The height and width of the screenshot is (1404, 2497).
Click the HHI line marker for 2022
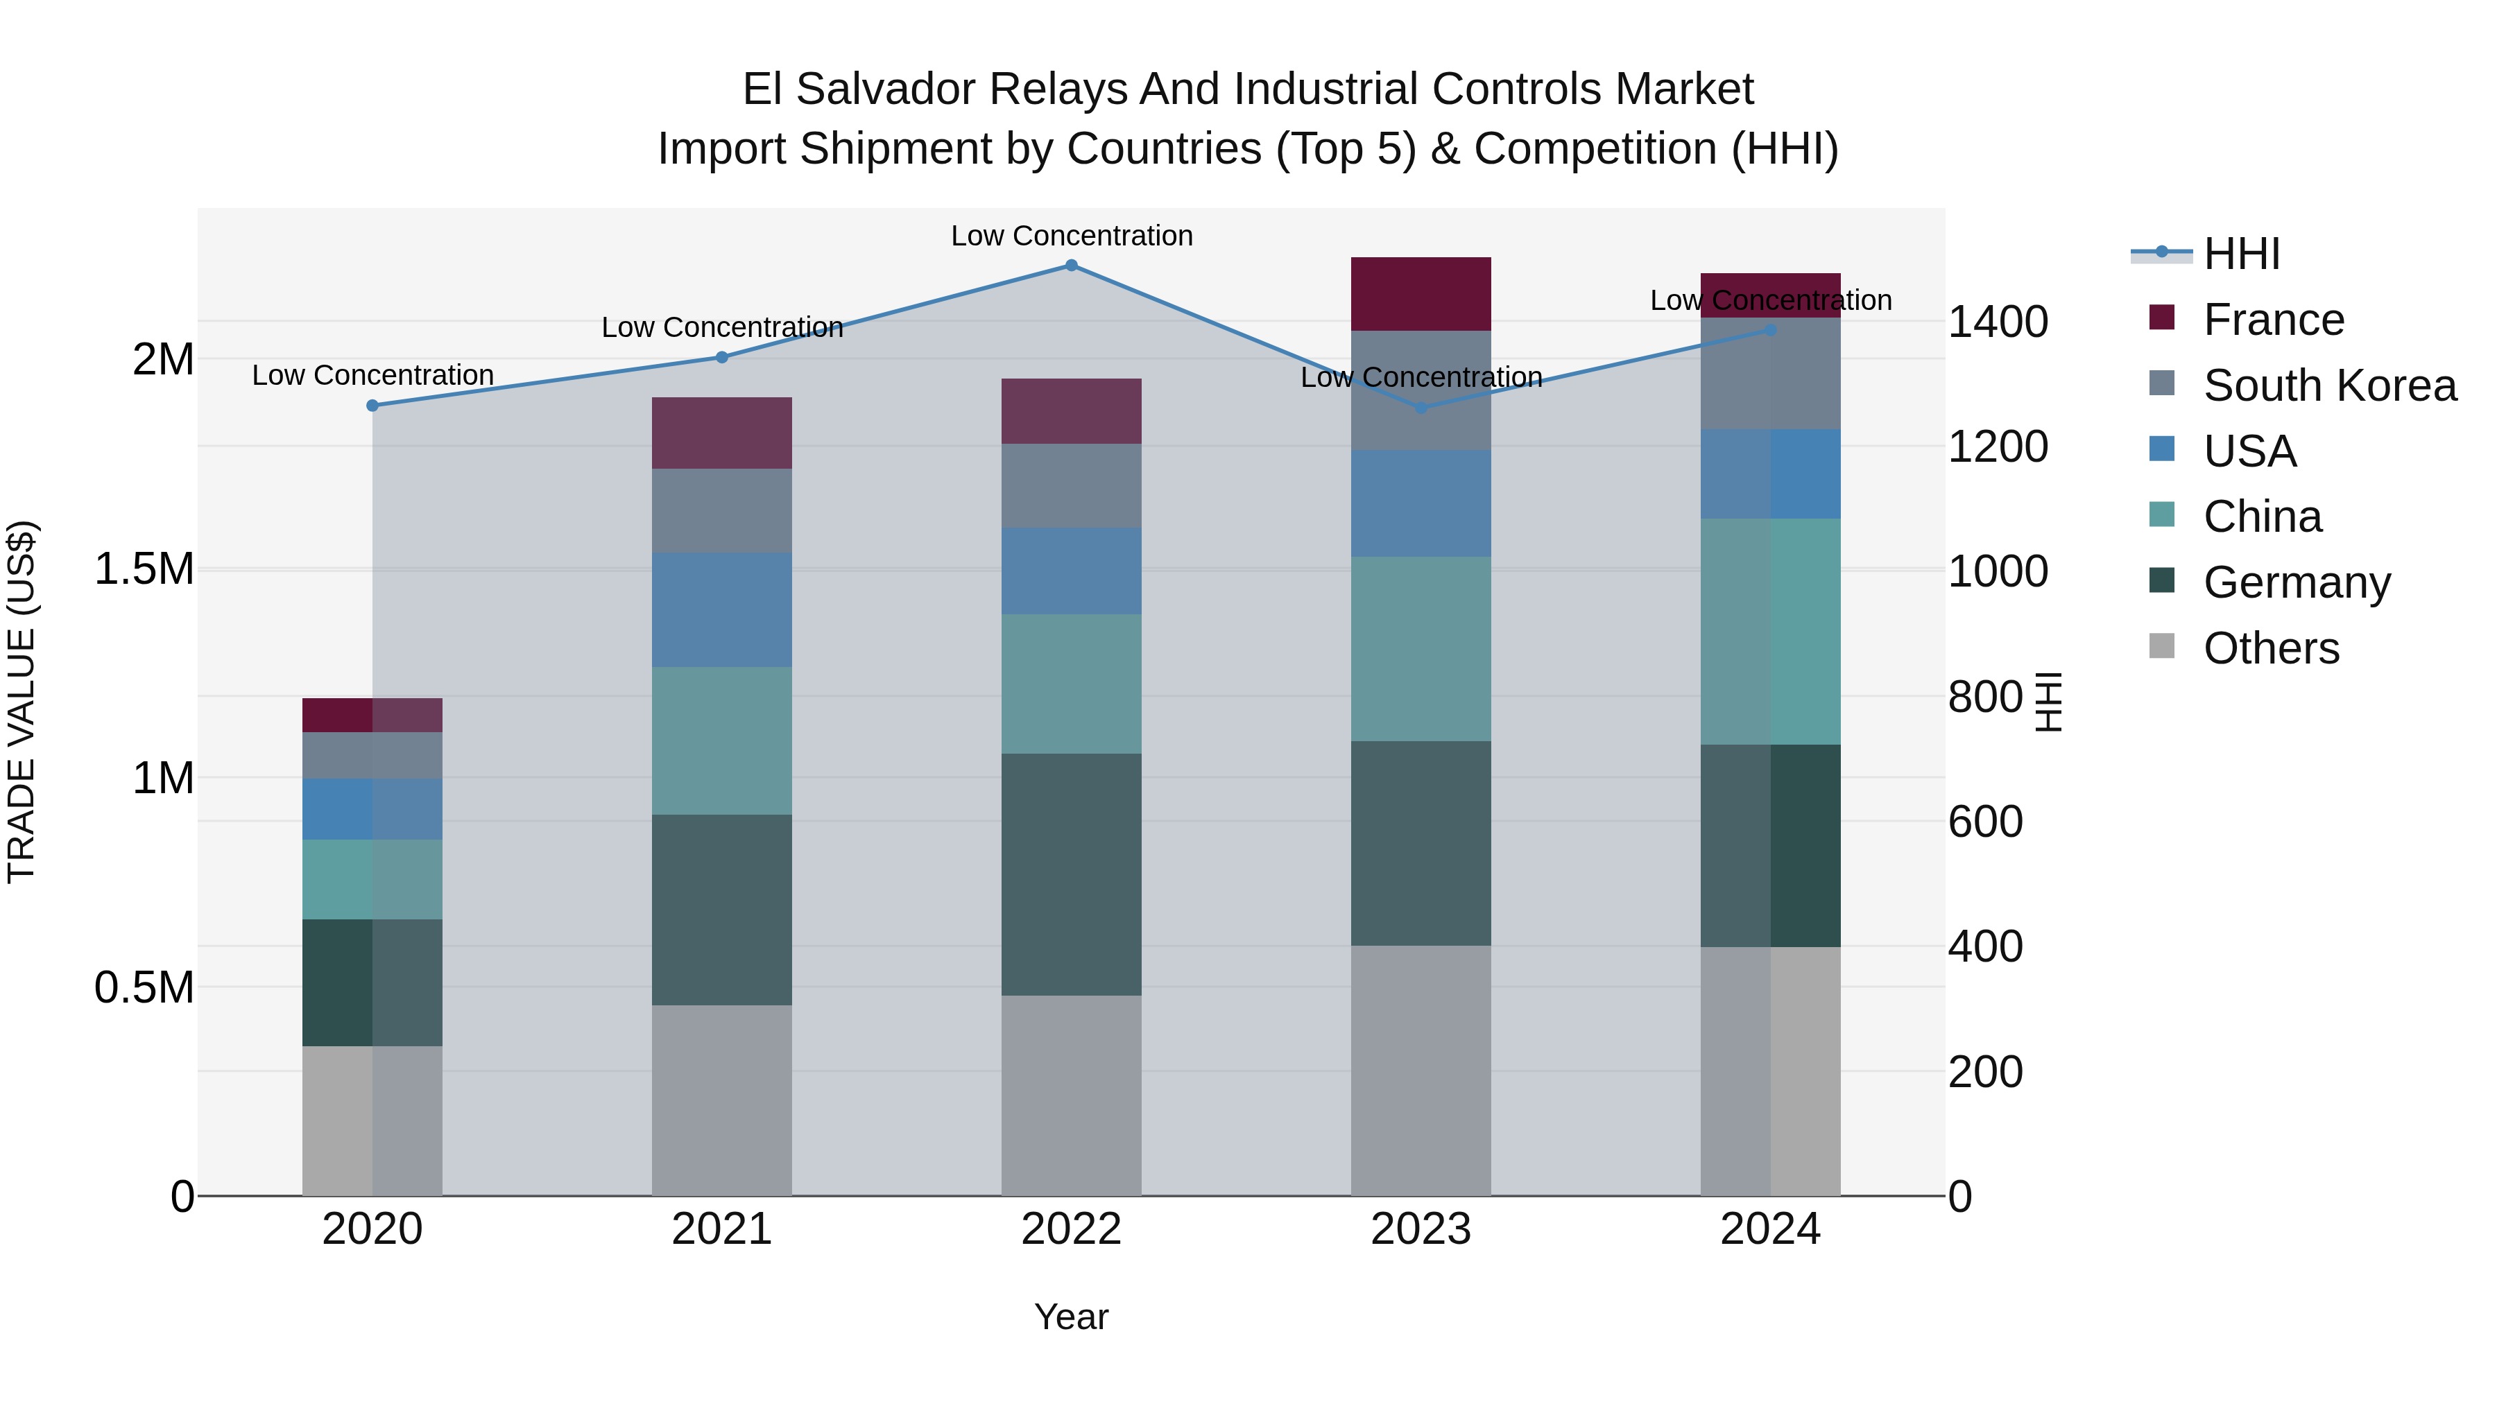coord(1071,266)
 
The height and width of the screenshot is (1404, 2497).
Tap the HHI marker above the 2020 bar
coord(372,405)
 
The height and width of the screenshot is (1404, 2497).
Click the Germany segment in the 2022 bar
coord(1071,874)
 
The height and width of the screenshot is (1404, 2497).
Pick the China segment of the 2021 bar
coord(721,740)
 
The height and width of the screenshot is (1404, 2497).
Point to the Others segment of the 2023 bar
coord(1421,1070)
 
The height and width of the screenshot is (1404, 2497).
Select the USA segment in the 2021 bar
coord(721,609)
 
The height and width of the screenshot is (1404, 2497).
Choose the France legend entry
coord(2273,320)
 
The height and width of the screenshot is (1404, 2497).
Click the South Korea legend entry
coord(2329,385)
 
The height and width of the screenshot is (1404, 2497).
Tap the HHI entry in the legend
coord(2241,254)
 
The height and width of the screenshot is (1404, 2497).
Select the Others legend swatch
coord(2161,646)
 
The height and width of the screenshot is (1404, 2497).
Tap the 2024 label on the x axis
coord(1770,1229)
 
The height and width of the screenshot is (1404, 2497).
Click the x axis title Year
coord(1071,1317)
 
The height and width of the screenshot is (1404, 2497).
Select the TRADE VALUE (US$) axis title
coord(22,702)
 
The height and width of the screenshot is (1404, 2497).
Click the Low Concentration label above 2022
coord(1071,236)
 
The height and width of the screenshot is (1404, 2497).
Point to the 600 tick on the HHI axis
coord(1985,822)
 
